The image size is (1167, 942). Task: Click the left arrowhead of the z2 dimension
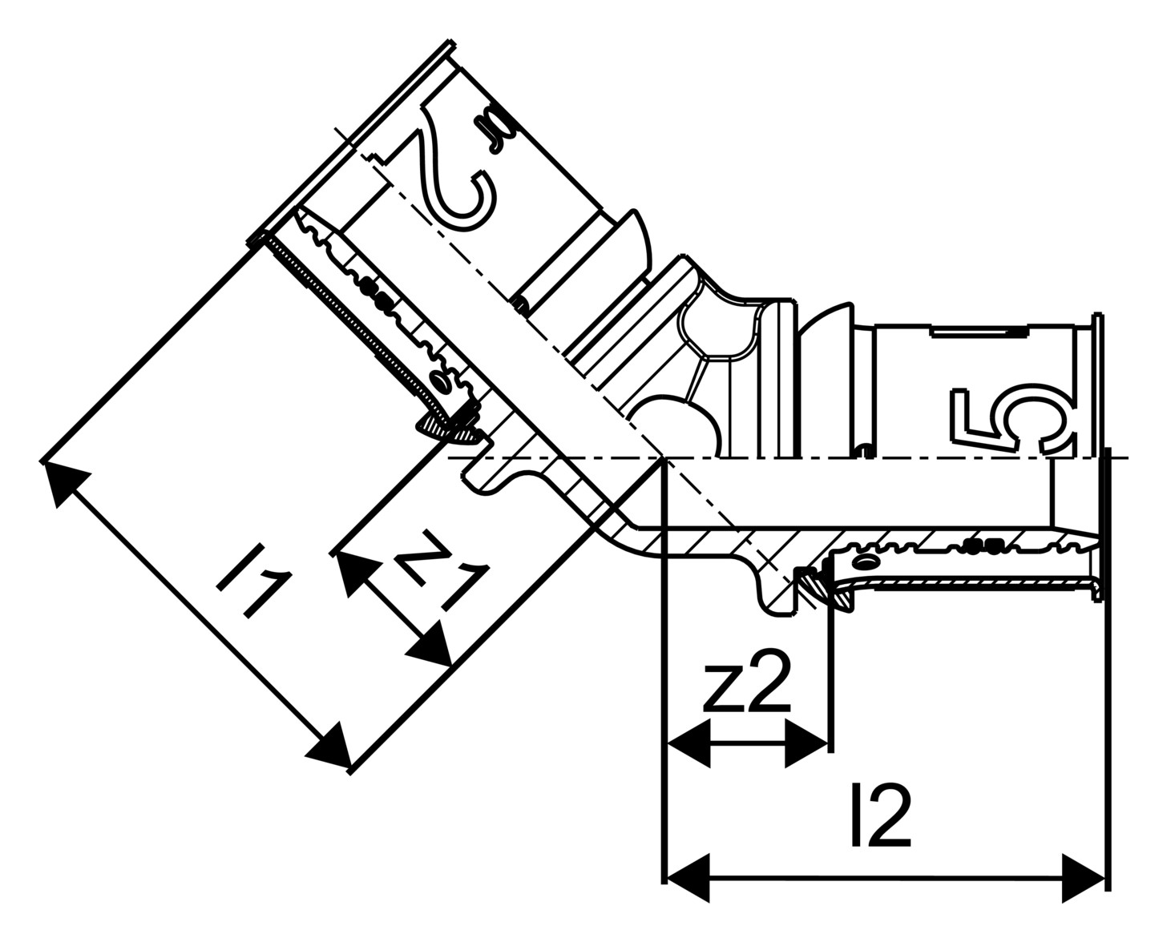[688, 743]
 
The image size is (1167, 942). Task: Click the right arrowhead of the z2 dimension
[806, 743]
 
